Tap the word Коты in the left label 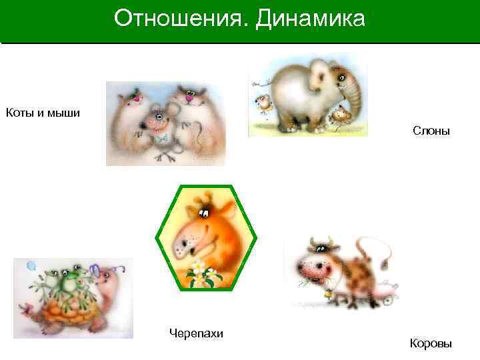click(19, 112)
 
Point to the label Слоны click(431, 131)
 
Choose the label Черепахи click(197, 333)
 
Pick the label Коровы click(431, 343)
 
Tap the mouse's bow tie click(160, 138)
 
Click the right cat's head click(192, 97)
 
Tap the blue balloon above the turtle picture click(31, 267)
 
